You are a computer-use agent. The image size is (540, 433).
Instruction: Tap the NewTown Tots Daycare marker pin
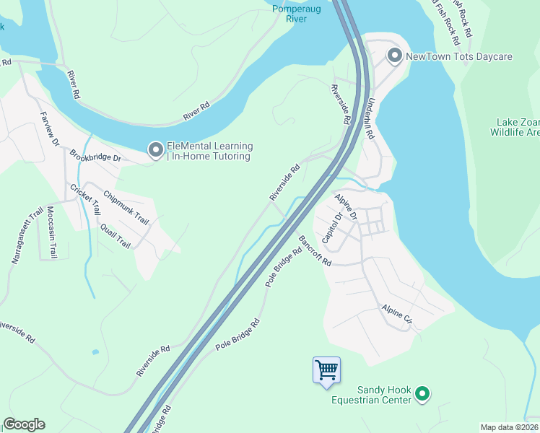pyautogui.click(x=394, y=56)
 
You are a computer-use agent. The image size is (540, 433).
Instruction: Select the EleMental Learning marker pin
pyautogui.click(x=155, y=150)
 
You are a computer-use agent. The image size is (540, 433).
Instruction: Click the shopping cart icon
pyautogui.click(x=327, y=370)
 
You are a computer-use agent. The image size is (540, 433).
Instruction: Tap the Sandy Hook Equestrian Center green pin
pyautogui.click(x=424, y=393)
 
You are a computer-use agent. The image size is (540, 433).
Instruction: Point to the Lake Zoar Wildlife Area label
pyautogui.click(x=514, y=128)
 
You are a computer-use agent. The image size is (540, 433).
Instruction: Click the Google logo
pyautogui.click(x=24, y=424)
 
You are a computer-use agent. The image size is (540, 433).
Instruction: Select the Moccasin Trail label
pyautogui.click(x=51, y=232)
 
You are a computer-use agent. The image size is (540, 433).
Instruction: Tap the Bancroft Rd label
pyautogui.click(x=314, y=251)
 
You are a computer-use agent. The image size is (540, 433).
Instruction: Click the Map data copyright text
pyautogui.click(x=509, y=427)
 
